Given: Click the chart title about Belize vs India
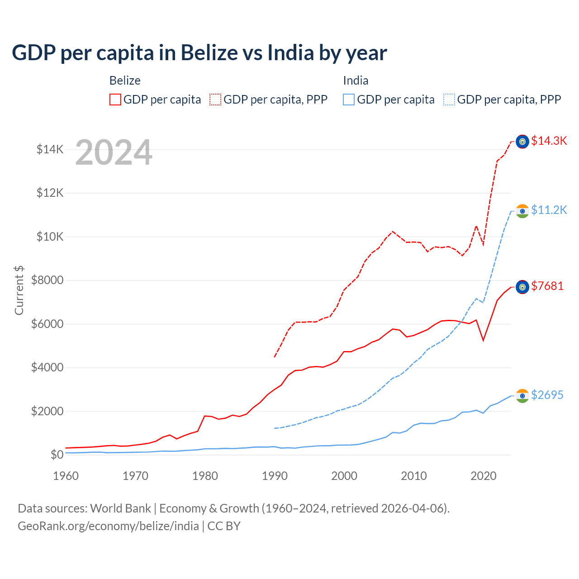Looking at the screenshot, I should click(x=199, y=53).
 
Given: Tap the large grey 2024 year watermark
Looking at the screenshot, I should click(x=114, y=153).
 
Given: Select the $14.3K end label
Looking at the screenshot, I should click(x=549, y=141).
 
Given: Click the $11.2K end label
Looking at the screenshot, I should click(x=549, y=210).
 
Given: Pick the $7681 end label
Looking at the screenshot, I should click(x=547, y=286).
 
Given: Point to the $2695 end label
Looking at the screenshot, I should click(x=547, y=395).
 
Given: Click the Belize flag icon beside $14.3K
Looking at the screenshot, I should click(x=522, y=142).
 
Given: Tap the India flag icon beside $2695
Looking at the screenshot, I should click(x=522, y=396).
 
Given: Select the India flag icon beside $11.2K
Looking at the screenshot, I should click(x=522, y=211).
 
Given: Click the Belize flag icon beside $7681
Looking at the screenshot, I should click(x=522, y=287).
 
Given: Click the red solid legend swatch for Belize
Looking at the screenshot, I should click(x=115, y=100).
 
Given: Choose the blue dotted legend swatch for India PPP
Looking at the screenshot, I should click(x=449, y=100).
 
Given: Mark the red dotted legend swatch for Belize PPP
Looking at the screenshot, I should click(x=215, y=100).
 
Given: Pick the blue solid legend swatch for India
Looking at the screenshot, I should click(x=349, y=100).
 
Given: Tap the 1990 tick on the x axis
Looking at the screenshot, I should click(x=275, y=476).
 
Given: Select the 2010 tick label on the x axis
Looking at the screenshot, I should click(x=414, y=476).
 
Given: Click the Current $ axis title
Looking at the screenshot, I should click(x=19, y=290).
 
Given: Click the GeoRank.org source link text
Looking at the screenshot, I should click(x=108, y=526).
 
